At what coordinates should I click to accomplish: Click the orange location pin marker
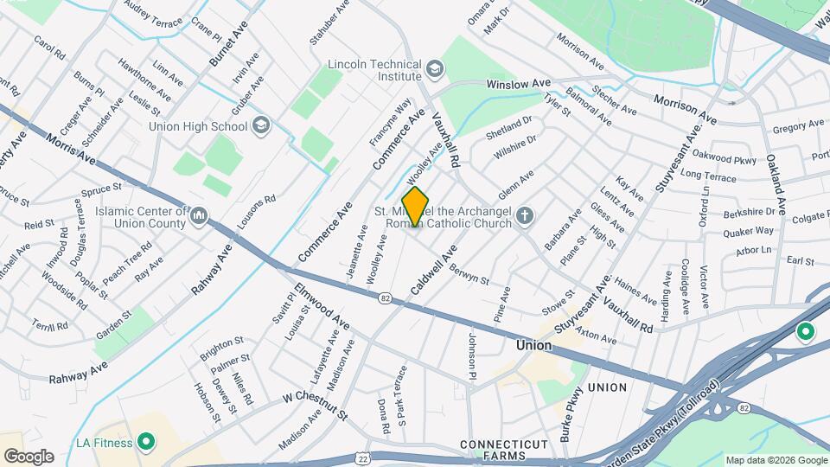pyautogui.click(x=416, y=206)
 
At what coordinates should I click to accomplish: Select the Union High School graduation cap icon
pyautogui.click(x=259, y=126)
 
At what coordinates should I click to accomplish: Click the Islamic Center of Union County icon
pyautogui.click(x=199, y=214)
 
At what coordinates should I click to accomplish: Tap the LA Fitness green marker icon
pyautogui.click(x=146, y=443)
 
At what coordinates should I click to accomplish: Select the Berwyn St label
pyautogui.click(x=469, y=275)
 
